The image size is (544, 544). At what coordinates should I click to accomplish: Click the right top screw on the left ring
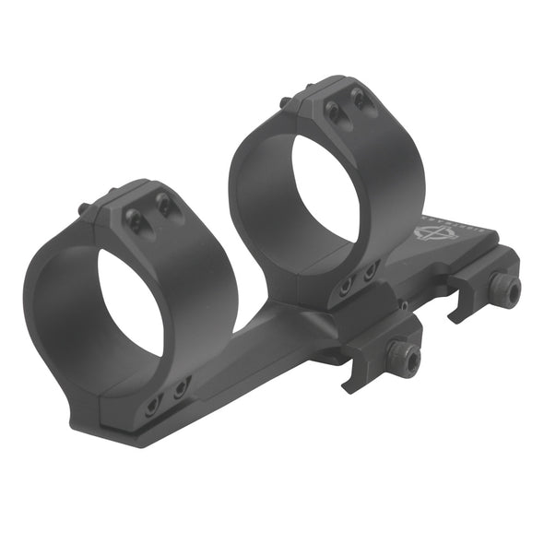point(163,206)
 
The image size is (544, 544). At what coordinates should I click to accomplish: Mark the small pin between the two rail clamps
point(403,304)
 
